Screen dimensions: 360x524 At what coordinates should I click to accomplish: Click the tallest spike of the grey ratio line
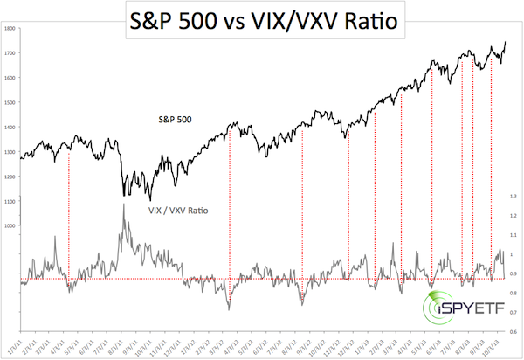(123, 205)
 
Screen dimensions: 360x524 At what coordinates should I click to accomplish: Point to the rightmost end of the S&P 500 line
(505, 42)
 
